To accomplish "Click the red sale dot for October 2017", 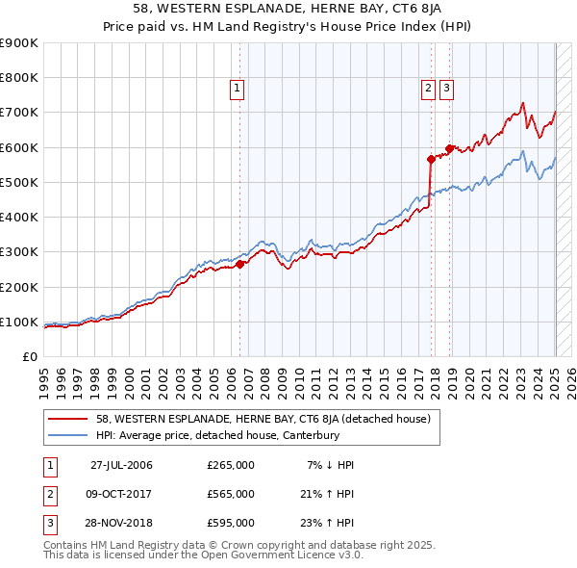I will click(431, 160).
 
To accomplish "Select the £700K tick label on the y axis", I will click(19, 113).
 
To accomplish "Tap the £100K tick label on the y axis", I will click(19, 322).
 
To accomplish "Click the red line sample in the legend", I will click(68, 419).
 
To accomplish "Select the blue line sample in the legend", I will click(68, 435).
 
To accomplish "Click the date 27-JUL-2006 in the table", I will click(121, 465).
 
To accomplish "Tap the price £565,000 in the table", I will click(231, 494).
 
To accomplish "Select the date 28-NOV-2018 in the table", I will click(121, 524).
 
